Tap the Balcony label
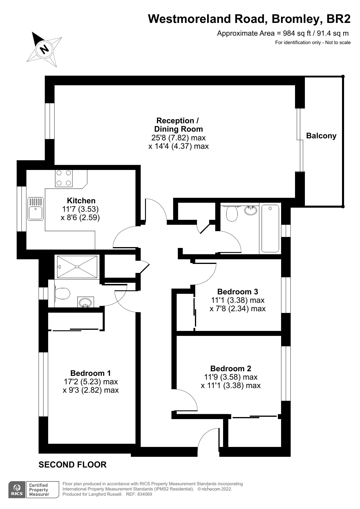click(321, 136)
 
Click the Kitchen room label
click(81, 200)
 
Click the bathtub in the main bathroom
click(270, 228)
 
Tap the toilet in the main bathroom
click(231, 213)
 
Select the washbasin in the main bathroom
click(251, 210)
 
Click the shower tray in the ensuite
click(77, 267)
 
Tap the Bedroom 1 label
click(91, 373)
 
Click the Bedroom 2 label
click(231, 368)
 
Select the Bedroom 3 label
click(237, 291)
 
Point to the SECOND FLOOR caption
click(73, 465)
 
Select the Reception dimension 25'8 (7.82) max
click(178, 137)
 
